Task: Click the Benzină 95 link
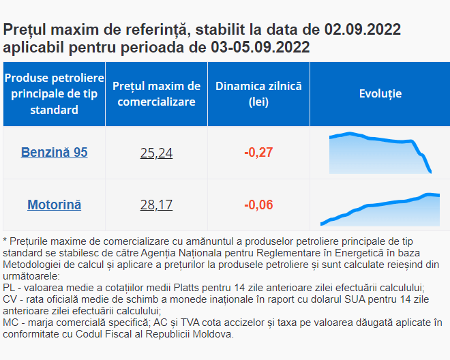coord(54,152)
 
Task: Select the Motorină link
coord(54,205)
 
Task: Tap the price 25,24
coord(156,153)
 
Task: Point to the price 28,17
coord(156,205)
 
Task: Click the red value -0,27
coord(258,152)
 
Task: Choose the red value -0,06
coord(258,205)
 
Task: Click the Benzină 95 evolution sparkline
coord(380,151)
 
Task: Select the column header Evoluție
coord(380,94)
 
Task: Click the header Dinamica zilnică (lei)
coord(258,94)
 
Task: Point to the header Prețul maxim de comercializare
coord(156,94)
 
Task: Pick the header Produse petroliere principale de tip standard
coord(54,94)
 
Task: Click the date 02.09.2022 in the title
coord(363,30)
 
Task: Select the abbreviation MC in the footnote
coord(11,322)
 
